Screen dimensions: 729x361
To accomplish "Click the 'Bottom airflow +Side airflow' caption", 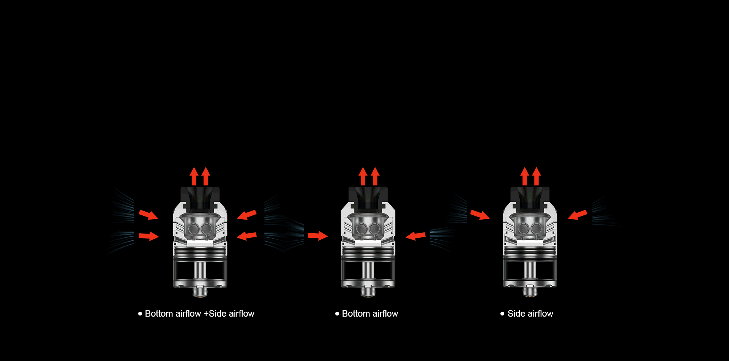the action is (200, 314).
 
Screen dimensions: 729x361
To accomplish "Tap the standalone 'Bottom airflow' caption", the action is (370, 314).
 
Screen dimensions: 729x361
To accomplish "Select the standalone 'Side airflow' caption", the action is (530, 314).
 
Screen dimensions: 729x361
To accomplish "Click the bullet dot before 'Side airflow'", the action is (502, 314).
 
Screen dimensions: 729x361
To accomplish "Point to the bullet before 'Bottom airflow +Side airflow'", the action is (140, 314).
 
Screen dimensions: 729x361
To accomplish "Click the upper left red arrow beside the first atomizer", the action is (148, 215).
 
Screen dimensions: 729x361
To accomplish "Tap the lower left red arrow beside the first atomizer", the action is (149, 236).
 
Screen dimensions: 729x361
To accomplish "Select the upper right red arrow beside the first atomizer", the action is (247, 215).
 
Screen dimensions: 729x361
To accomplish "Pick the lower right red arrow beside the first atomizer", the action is (247, 236).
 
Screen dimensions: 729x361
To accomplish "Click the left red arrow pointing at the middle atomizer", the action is (318, 236).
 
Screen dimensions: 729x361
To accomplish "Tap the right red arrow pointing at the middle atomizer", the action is (416, 236).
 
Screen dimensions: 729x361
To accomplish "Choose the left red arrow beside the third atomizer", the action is (480, 215).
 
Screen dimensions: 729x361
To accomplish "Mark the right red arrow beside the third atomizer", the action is (578, 215).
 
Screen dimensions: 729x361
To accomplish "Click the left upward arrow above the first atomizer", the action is (194, 176).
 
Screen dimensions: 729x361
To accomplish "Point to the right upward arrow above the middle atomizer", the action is (375, 176).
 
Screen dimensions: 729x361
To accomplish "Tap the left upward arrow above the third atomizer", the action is (525, 176).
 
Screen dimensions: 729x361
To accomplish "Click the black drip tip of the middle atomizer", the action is (368, 197).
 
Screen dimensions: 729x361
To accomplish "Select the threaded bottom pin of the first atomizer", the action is (200, 292).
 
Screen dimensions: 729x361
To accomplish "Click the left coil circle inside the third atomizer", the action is (524, 229).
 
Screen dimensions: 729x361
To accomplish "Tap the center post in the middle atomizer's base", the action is (368, 270).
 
